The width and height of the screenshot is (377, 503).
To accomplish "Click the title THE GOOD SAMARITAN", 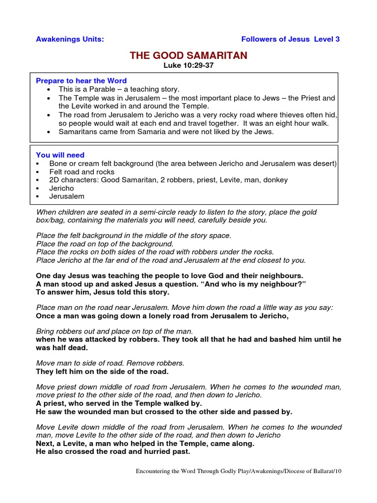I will tap(188, 56).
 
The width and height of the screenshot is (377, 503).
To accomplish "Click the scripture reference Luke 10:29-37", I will tap(188, 65).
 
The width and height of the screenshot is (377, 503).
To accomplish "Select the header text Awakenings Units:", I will tap(70, 39).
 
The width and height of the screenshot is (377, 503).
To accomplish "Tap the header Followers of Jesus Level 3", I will tap(290, 39).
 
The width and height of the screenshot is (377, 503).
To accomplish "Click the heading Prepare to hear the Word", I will tap(81, 81).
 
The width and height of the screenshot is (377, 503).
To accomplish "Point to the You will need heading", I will tap(60, 155).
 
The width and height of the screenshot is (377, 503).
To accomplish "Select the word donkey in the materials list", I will tap(275, 180).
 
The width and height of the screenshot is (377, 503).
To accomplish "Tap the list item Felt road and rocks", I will tap(81, 171).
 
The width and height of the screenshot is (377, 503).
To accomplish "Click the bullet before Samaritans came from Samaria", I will tap(49, 132).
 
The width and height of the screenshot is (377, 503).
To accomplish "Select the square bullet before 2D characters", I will tap(38, 180).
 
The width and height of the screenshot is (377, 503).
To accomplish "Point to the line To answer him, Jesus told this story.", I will tap(103, 292).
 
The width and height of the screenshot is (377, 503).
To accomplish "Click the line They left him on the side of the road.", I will tap(102, 371).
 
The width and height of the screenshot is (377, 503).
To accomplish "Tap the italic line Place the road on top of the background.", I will tap(105, 244).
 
